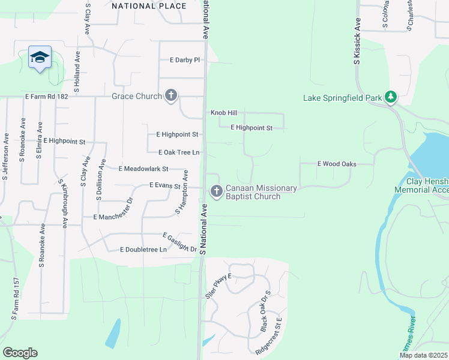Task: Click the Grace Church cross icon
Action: (x=171, y=95)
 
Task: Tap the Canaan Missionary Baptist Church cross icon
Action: (x=217, y=191)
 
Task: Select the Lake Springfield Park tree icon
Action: (x=391, y=97)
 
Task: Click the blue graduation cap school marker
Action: (x=40, y=57)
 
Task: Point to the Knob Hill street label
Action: (x=224, y=113)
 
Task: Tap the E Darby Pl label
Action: (x=184, y=60)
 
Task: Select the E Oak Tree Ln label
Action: (x=178, y=152)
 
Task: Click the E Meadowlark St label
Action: (x=143, y=169)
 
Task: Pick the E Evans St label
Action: (x=165, y=186)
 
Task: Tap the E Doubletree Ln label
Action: (x=143, y=249)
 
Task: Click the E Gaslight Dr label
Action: (x=180, y=242)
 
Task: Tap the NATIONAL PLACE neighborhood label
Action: (x=149, y=6)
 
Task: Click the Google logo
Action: (x=20, y=352)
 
